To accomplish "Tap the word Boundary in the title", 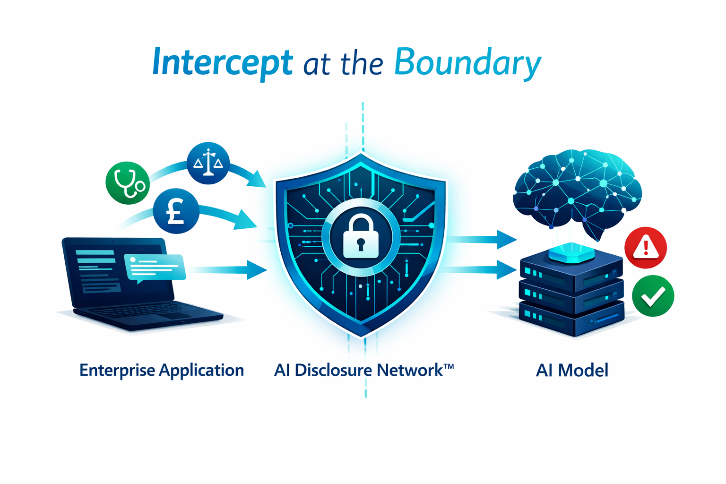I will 467,63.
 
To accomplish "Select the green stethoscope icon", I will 128,183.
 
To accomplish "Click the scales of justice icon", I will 208,163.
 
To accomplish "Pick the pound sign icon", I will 176,211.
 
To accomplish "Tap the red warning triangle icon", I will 645,248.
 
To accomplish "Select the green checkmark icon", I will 653,296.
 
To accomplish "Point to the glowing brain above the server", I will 577,189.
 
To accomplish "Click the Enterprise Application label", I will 161,370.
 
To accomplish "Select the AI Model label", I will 572,370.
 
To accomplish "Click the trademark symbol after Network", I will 449,366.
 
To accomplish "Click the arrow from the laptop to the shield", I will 227,270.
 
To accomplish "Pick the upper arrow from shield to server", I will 482,240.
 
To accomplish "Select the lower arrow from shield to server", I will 482,270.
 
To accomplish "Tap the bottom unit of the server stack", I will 572,319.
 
